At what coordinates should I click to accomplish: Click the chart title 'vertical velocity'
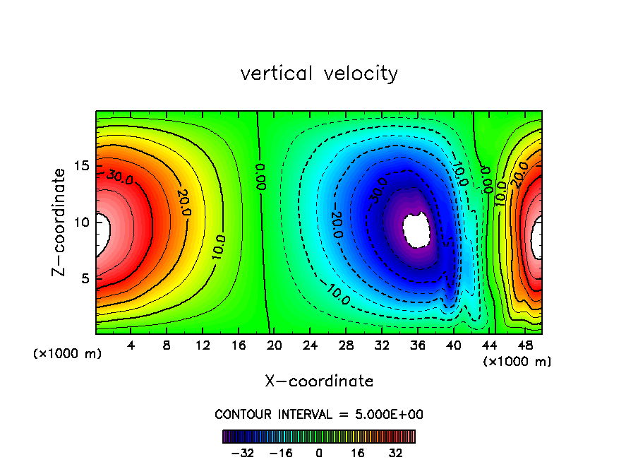point(319,73)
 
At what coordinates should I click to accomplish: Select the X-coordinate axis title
point(319,381)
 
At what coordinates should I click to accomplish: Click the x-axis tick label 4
point(131,346)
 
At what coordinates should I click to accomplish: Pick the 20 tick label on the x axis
point(274,346)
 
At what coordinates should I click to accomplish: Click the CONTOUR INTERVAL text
point(319,414)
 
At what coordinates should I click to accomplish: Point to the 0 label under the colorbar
point(319,453)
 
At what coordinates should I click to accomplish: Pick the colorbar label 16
point(358,453)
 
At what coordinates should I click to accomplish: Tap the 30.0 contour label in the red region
point(120,177)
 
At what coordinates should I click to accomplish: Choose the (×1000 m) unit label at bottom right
point(517,362)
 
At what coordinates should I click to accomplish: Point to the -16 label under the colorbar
point(280,453)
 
